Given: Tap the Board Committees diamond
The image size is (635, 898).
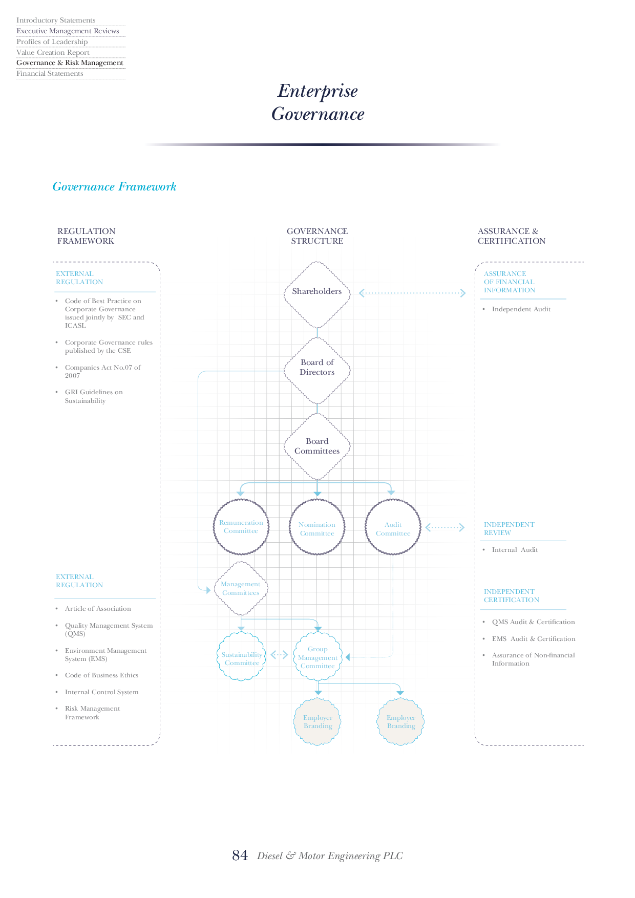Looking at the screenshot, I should [x=317, y=446].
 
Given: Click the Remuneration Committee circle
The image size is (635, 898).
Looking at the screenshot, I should [x=241, y=527].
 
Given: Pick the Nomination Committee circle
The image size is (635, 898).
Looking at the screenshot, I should [x=317, y=528].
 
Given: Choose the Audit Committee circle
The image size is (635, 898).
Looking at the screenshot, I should [x=393, y=528].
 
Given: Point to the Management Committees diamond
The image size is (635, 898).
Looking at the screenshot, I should [x=241, y=588].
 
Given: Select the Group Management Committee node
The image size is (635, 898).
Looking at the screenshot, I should [x=317, y=657].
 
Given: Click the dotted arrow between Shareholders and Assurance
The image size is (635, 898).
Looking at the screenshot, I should [x=412, y=293].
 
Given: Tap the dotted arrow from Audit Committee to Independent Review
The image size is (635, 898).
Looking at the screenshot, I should [x=445, y=527].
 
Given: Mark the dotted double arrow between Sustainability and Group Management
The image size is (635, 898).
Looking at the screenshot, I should [x=279, y=655].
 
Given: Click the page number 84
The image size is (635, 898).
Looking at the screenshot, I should [x=240, y=856].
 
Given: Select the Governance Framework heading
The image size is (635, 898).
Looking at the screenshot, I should [x=114, y=187].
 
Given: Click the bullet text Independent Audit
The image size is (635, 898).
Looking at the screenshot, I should [x=521, y=309].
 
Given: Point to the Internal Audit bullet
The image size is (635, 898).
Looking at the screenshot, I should [x=515, y=550].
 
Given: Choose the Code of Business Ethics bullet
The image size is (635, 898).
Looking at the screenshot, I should [x=101, y=675].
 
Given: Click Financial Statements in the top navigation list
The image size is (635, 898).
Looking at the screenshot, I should [x=50, y=74].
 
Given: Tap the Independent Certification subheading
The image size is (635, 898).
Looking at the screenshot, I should [x=511, y=596].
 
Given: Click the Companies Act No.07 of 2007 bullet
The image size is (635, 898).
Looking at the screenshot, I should [x=102, y=371].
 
